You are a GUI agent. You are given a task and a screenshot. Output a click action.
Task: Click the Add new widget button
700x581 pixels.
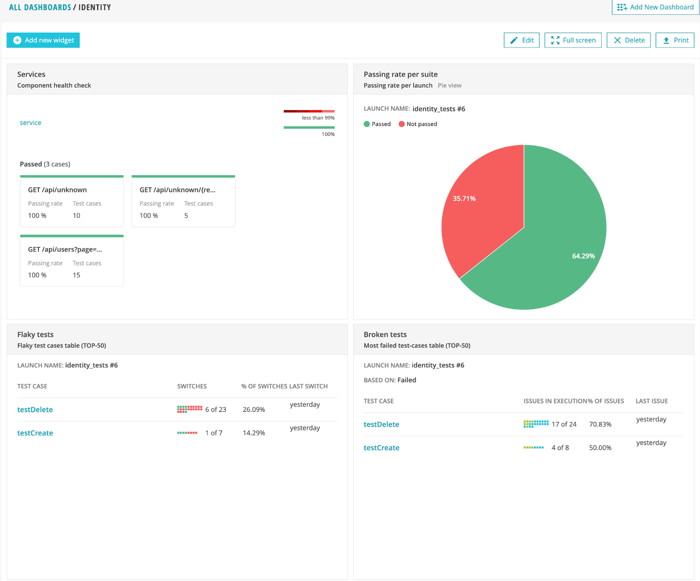(43, 40)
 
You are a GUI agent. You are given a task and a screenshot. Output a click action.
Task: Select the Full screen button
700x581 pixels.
(573, 40)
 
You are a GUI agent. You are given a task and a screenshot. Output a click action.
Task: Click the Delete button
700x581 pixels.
(629, 40)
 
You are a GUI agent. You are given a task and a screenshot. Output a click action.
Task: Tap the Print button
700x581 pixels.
(675, 40)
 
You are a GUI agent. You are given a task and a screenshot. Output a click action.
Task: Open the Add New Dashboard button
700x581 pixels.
(655, 7)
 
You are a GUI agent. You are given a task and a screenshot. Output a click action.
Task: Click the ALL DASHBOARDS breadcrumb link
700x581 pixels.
(40, 7)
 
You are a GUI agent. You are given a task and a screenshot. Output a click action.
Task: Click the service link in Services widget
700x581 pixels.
(31, 123)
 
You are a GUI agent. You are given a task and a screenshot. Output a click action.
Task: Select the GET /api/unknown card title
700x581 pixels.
(57, 190)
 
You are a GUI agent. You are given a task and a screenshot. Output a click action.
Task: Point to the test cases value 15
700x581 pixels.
(77, 275)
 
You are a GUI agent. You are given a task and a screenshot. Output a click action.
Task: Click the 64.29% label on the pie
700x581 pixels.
(583, 256)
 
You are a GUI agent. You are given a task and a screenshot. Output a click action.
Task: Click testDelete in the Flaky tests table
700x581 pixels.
(35, 410)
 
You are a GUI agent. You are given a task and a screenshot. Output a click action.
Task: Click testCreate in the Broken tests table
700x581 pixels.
(381, 448)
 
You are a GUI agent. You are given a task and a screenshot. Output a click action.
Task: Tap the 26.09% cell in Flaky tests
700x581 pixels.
(254, 410)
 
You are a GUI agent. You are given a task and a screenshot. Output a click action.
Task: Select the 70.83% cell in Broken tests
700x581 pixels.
(600, 424)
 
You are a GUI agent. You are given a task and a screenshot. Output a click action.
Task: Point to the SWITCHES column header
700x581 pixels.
(192, 386)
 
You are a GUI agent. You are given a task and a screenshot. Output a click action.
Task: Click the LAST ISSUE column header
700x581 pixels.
(651, 401)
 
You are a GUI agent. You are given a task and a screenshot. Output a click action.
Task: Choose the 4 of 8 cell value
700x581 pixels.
(560, 448)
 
